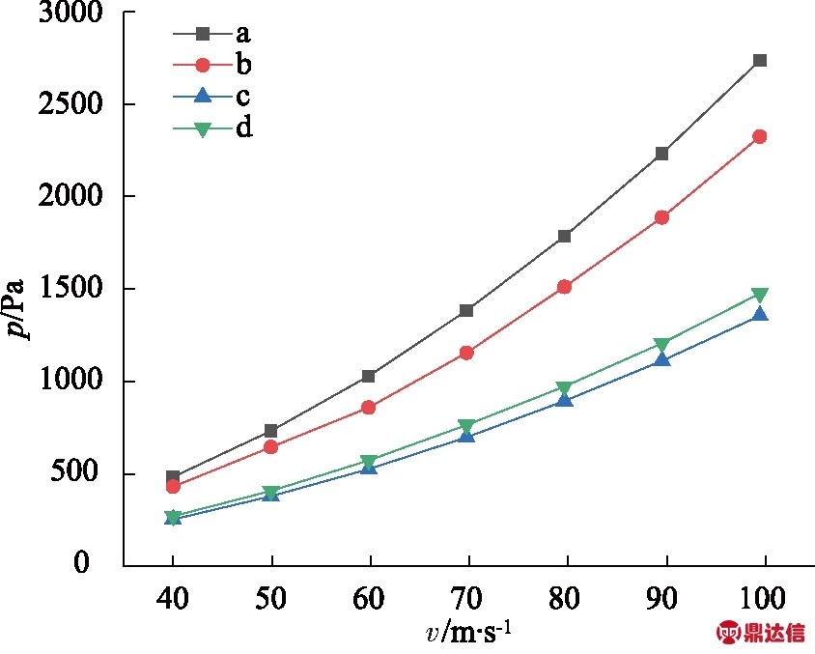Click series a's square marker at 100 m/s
[760, 60]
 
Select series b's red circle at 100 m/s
[760, 136]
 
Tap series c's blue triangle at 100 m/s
[760, 314]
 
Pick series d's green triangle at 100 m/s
[760, 295]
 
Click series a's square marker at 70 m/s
[467, 310]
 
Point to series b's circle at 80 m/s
[565, 286]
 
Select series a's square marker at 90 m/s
[662, 154]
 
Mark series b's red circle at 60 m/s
[369, 407]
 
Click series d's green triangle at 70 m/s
[467, 426]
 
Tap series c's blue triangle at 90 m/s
[662, 359]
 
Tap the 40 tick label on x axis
[174, 600]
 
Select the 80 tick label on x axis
[565, 600]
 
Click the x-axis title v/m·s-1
[469, 633]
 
